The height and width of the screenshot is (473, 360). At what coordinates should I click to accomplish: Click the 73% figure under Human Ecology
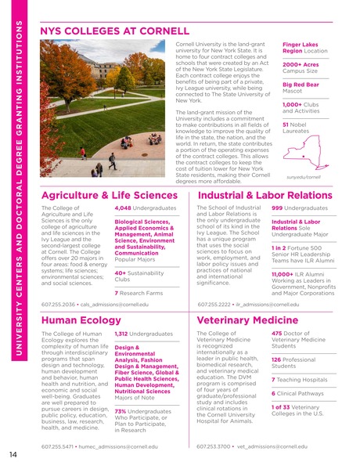point(121,411)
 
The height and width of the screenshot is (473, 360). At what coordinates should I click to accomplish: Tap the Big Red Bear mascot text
point(302,84)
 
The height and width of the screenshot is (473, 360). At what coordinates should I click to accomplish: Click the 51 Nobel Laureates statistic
point(286,124)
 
